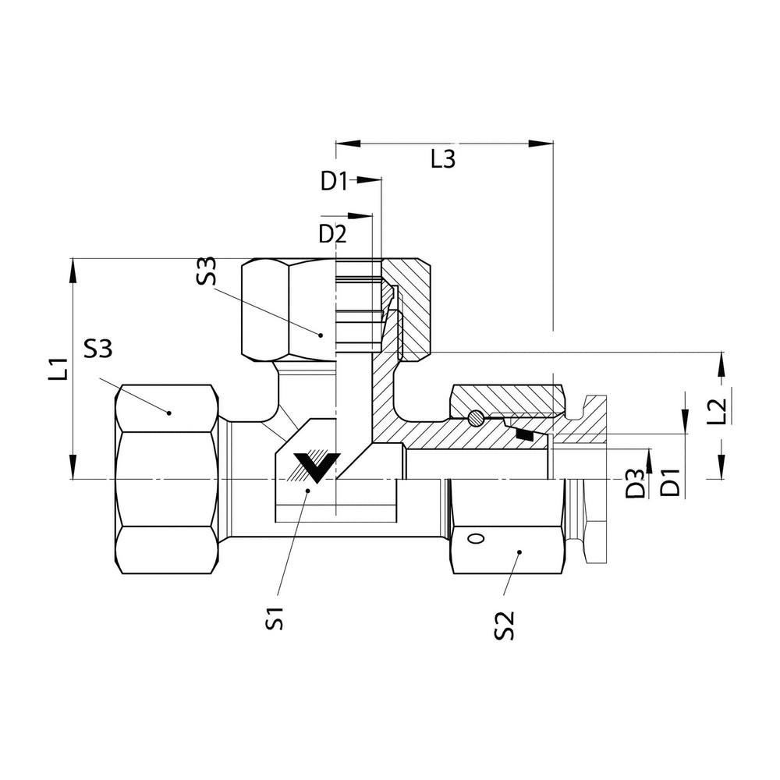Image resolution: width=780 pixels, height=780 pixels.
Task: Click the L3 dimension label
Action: [x=443, y=160]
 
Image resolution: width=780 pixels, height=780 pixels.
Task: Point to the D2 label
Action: [x=333, y=233]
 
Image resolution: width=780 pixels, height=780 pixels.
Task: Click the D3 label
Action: [x=636, y=484]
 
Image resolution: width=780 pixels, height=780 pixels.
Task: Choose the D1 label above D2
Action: [x=334, y=181]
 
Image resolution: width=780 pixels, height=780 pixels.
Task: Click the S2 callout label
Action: [x=505, y=624]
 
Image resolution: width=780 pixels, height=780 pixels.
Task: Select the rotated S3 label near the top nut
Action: [x=207, y=274]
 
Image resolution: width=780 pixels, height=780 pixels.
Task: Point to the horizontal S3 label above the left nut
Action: [x=98, y=349]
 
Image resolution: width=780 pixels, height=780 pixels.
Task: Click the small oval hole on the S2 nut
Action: [x=474, y=538]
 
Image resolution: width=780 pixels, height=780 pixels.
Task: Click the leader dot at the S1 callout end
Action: [x=309, y=491]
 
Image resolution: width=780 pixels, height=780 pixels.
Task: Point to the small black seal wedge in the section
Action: [x=527, y=435]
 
